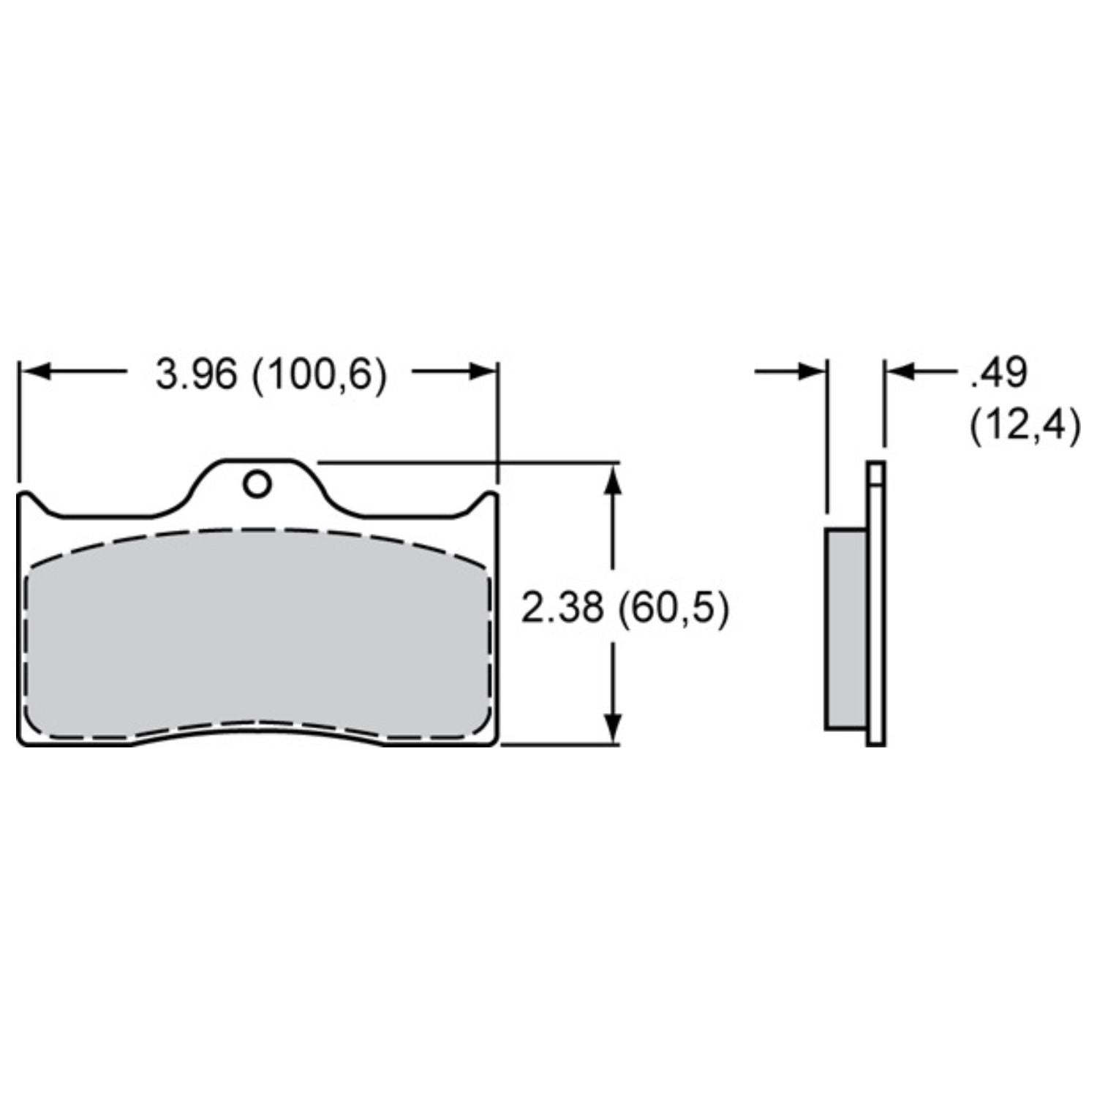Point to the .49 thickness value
point(998,374)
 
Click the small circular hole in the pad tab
point(257,484)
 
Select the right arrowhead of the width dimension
point(482,372)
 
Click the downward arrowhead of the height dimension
point(615,728)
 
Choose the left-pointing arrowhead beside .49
point(901,372)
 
